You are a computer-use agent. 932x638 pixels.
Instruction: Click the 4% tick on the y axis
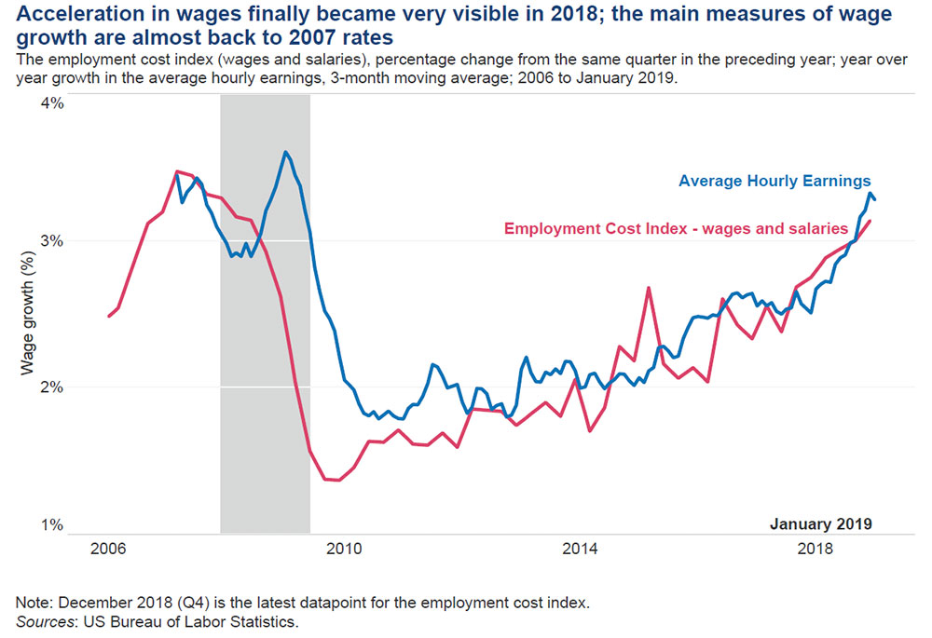(x=50, y=102)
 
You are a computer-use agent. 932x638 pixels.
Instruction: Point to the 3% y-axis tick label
(x=50, y=240)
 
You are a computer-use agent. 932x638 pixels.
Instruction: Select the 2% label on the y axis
(x=50, y=387)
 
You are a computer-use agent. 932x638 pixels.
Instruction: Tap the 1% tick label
(x=50, y=525)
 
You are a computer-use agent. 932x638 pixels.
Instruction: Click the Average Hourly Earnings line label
(x=774, y=181)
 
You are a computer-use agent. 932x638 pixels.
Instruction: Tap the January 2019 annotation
(x=820, y=523)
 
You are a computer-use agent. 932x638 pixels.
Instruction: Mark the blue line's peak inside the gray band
(x=285, y=152)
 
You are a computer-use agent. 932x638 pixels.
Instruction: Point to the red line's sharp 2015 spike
(x=648, y=288)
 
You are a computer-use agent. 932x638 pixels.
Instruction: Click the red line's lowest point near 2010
(x=337, y=481)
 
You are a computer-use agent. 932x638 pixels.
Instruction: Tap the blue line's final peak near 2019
(x=870, y=193)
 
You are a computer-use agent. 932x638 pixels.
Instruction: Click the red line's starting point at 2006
(x=109, y=317)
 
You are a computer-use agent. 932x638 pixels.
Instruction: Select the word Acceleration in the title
(x=59, y=16)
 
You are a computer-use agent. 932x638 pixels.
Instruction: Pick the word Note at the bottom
(x=33, y=602)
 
